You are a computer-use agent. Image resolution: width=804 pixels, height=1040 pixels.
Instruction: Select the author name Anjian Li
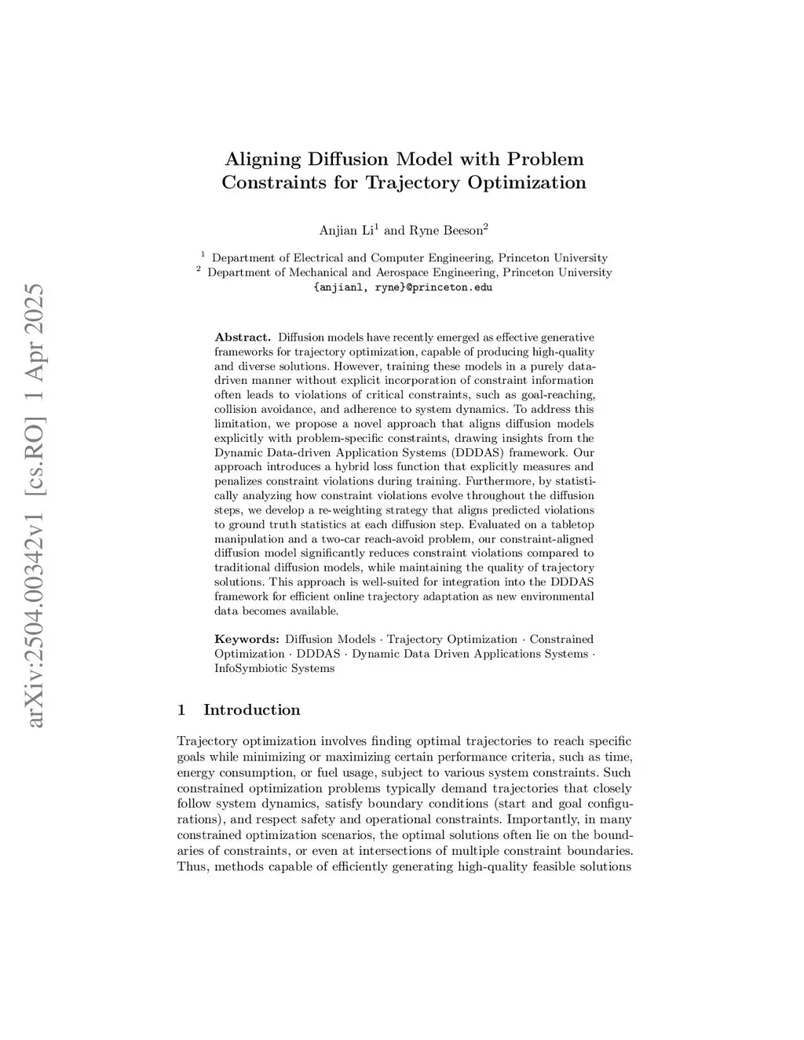tap(347, 230)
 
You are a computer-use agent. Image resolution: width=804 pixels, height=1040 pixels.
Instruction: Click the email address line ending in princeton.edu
tap(403, 287)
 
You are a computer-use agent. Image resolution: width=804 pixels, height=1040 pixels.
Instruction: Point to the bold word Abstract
tap(243, 338)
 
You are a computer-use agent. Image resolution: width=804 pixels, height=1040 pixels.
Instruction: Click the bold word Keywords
tap(247, 640)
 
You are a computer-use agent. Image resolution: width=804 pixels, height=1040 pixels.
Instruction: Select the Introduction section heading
tap(251, 710)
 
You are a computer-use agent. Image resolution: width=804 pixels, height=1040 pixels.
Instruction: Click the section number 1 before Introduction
tap(182, 710)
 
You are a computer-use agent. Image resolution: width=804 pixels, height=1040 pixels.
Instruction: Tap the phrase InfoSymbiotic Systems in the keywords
tap(274, 669)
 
